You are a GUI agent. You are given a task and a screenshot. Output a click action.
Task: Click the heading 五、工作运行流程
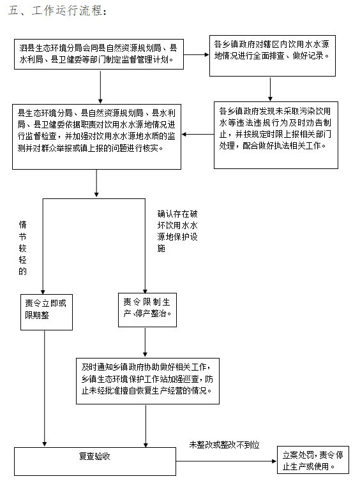click(x=57, y=11)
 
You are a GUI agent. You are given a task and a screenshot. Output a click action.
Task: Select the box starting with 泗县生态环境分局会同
click(x=99, y=54)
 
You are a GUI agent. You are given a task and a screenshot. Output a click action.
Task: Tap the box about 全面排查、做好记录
click(x=273, y=55)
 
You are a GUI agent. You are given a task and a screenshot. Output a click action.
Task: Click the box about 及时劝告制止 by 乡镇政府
click(x=276, y=135)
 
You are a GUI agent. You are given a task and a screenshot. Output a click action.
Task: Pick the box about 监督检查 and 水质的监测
click(x=96, y=137)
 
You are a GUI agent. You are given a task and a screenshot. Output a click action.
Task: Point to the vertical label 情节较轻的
click(x=23, y=248)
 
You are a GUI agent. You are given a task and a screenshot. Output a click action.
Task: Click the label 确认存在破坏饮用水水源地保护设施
click(x=177, y=231)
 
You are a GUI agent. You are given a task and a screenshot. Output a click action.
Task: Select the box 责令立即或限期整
click(x=47, y=312)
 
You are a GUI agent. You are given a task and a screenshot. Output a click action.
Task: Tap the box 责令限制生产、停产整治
click(x=147, y=310)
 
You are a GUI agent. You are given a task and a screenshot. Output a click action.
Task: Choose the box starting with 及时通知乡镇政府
click(x=147, y=381)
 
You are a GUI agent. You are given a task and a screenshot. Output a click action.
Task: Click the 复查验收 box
click(x=95, y=462)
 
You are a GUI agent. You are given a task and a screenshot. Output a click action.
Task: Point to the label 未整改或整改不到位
click(x=224, y=445)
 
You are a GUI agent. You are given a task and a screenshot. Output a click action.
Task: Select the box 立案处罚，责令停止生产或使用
click(x=313, y=460)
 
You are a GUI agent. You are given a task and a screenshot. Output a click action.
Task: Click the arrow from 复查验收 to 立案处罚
click(x=227, y=461)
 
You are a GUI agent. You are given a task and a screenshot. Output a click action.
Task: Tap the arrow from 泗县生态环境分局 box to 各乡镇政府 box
click(x=197, y=55)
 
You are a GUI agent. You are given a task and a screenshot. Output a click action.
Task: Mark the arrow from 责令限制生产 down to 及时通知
click(x=145, y=342)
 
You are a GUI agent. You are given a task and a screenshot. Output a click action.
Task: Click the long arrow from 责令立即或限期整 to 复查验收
click(x=45, y=388)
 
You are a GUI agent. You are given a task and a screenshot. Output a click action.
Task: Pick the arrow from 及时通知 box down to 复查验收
click(x=146, y=425)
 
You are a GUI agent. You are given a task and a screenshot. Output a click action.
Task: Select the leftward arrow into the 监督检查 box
click(x=198, y=135)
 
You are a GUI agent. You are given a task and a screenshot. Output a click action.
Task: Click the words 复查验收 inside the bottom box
click(x=94, y=456)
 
